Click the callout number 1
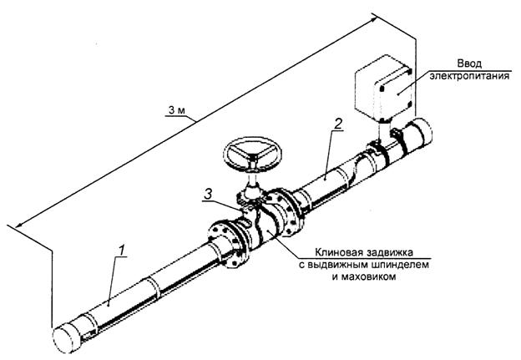point(122,251)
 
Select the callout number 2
point(337,124)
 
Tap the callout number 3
point(208,194)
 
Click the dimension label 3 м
point(176,110)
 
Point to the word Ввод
point(469,63)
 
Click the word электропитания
point(469,76)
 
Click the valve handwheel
point(253,155)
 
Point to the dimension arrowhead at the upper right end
point(373,18)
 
